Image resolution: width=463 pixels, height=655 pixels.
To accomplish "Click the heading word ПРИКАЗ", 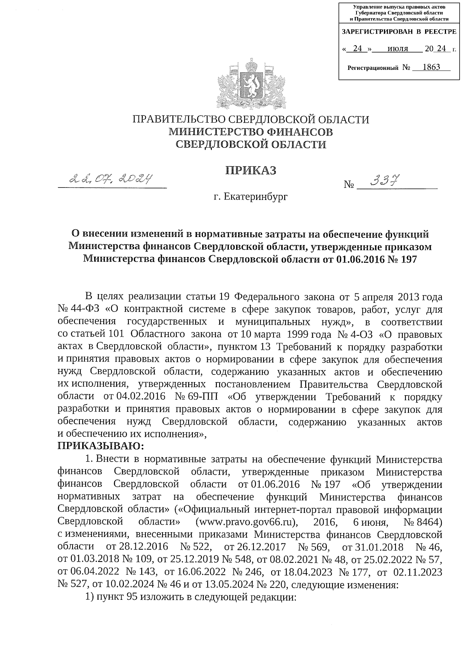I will tap(251, 170).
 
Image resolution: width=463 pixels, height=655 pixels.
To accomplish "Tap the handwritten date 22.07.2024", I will tap(110, 179).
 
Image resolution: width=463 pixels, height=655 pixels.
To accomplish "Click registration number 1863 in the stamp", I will tap(431, 67).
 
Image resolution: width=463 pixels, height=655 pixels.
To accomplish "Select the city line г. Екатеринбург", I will tap(251, 197).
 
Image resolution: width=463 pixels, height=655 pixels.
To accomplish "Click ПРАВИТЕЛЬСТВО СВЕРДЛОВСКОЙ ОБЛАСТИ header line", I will tap(251, 119).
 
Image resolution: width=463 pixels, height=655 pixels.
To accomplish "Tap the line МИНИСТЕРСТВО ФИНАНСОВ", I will tap(251, 132).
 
